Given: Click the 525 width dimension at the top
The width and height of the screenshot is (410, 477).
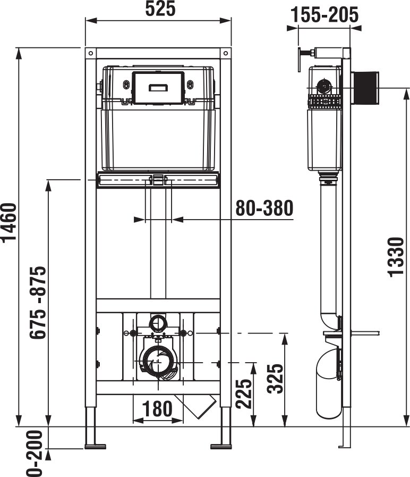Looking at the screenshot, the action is (x=160, y=9).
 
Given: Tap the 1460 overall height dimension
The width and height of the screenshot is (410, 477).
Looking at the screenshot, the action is (x=9, y=223).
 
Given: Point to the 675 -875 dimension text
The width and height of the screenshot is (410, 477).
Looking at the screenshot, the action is (x=38, y=303).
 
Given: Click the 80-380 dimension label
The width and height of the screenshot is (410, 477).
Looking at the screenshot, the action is (x=264, y=208).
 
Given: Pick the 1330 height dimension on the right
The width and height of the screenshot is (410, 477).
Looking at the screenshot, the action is (x=396, y=257).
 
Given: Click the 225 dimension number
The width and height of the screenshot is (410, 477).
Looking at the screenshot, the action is (x=244, y=394).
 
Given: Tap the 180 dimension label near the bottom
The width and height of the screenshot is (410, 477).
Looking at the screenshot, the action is (x=157, y=408).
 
